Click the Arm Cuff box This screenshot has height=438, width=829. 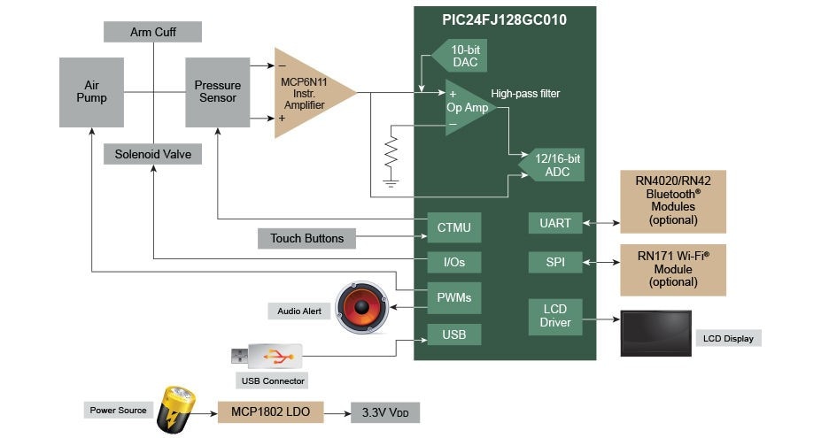(152, 32)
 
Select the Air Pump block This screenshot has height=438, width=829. (91, 91)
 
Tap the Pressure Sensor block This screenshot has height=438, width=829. (218, 91)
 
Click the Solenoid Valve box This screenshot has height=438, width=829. (152, 154)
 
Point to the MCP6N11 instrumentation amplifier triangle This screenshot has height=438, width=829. (306, 93)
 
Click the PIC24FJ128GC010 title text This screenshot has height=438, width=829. (505, 19)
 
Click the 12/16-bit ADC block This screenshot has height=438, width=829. (554, 165)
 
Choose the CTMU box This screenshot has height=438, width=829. (454, 227)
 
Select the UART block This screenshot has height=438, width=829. (555, 223)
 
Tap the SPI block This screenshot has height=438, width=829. (555, 262)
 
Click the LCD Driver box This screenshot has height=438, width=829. (555, 316)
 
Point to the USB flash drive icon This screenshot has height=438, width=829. (267, 357)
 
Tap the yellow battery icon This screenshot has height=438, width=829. (175, 410)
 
